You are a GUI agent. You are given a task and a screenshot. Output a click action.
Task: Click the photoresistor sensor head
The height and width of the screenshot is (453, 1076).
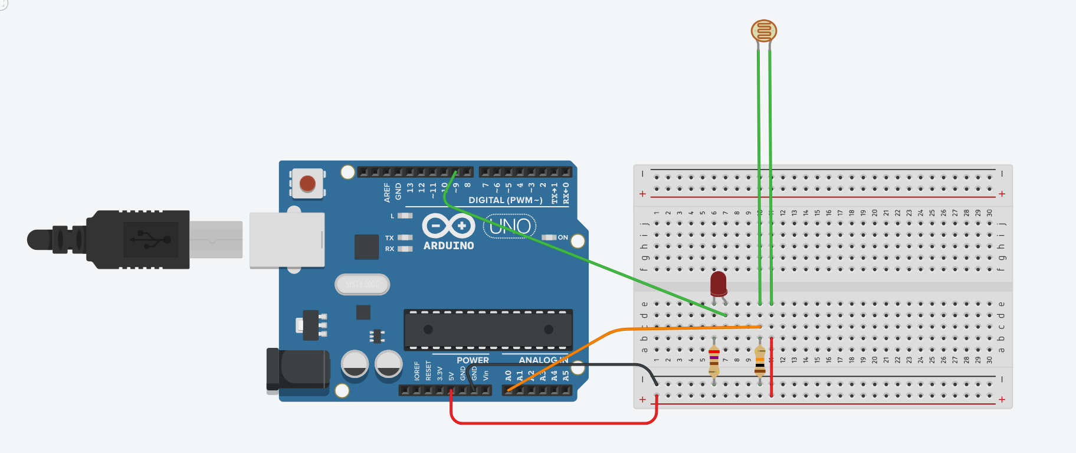763,31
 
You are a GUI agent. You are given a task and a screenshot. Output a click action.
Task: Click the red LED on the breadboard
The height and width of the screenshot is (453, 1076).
718,283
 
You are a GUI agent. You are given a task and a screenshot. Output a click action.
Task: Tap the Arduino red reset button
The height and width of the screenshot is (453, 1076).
307,183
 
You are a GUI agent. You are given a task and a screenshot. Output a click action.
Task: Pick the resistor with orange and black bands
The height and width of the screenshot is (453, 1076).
760,360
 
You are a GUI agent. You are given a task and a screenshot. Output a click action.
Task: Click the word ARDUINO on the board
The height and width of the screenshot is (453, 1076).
448,246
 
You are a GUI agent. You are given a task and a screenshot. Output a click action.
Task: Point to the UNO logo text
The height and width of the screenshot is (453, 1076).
510,226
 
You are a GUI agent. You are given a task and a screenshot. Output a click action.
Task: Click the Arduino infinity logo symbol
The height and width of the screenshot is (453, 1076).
448,226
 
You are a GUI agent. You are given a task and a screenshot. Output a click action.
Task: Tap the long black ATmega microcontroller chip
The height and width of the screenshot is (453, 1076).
488,329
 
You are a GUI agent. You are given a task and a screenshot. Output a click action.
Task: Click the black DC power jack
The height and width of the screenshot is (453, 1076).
298,370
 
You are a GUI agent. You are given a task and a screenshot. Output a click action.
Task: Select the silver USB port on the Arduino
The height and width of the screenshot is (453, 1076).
287,240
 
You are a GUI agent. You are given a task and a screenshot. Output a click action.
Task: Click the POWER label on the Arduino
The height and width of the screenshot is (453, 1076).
473,360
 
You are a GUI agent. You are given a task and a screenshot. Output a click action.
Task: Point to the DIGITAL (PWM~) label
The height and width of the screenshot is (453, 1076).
505,200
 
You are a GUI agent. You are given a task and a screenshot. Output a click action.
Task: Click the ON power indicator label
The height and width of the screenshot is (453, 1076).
563,237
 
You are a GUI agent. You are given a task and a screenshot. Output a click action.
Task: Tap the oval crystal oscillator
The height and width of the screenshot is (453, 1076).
362,285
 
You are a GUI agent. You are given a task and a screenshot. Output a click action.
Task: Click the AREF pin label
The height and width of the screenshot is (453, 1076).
387,193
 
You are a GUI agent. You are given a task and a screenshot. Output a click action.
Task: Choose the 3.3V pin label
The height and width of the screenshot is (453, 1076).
439,373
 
